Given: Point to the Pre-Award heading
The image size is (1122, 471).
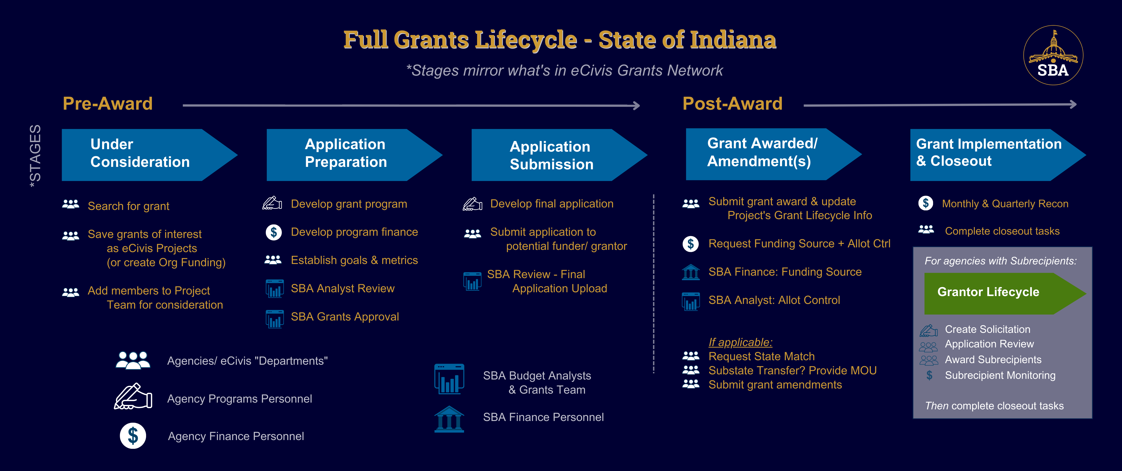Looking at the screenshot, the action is pyautogui.click(x=107, y=104).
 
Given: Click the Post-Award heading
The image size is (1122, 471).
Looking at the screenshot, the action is pyautogui.click(x=732, y=104).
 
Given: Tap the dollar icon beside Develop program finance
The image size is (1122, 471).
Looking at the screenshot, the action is pyautogui.click(x=274, y=232).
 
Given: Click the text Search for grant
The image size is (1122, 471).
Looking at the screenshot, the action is pyautogui.click(x=129, y=206).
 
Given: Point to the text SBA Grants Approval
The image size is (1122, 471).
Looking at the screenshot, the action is pyautogui.click(x=345, y=316).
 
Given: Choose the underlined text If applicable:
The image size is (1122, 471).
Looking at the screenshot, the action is pyautogui.click(x=741, y=342).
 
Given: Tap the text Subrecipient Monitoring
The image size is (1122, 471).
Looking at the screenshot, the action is pyautogui.click(x=1000, y=375).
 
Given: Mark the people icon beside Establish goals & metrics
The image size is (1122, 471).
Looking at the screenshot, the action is pyautogui.click(x=273, y=260).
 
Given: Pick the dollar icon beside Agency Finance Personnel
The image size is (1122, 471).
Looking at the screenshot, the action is pyautogui.click(x=133, y=436).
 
